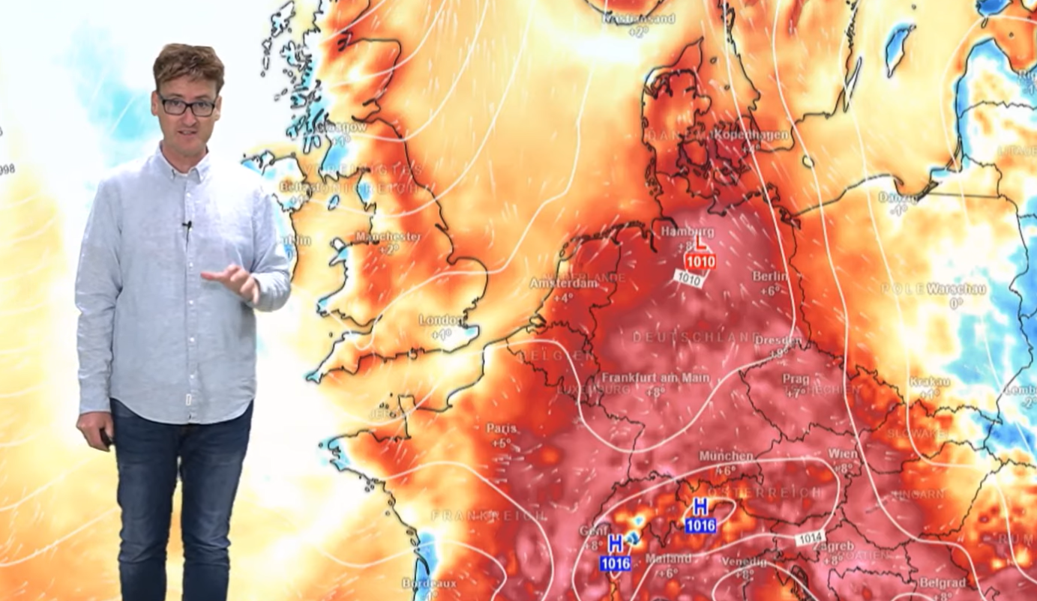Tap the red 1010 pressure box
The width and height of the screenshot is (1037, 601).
[x=700, y=262]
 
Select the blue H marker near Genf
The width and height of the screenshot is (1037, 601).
[x=616, y=545]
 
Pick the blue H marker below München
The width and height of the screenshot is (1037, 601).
[x=700, y=507]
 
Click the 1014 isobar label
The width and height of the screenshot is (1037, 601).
[x=811, y=537]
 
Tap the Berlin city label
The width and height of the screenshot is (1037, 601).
[x=770, y=277]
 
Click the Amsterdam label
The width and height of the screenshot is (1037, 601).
[x=564, y=283]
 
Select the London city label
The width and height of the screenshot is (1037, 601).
[x=441, y=321]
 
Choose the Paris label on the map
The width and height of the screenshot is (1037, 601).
[x=501, y=428]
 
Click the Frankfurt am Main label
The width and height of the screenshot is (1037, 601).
[x=655, y=378]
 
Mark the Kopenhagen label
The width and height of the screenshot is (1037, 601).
[x=752, y=135]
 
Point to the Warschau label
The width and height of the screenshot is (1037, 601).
[x=956, y=289]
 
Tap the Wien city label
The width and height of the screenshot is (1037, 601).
[x=843, y=453]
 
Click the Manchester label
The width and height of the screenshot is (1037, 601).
[x=388, y=237]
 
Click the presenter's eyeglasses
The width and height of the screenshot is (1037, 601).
[x=187, y=106]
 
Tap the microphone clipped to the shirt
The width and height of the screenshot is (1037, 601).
[x=187, y=225]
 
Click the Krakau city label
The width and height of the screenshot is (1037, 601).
[x=929, y=381]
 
